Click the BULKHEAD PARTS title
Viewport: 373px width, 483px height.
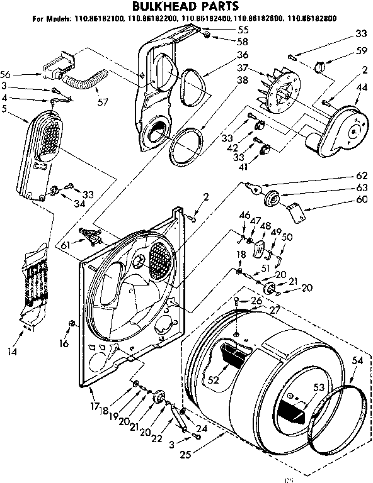click(185, 7)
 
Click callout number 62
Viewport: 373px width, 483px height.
click(362, 177)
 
